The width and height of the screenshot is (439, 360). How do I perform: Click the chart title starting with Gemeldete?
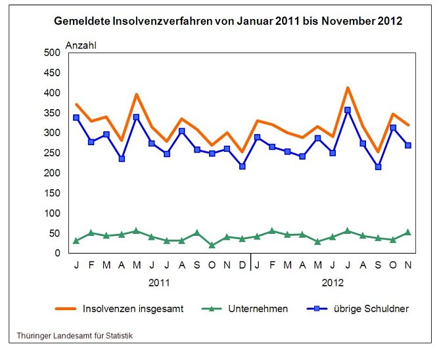click(x=227, y=21)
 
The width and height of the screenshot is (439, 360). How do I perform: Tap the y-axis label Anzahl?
click(x=81, y=45)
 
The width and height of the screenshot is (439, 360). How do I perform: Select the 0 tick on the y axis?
click(x=57, y=254)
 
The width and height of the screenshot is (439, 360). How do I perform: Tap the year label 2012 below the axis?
click(x=332, y=283)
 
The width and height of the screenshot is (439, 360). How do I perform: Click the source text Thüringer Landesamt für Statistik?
click(x=75, y=336)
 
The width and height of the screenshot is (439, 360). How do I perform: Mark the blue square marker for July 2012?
click(x=348, y=110)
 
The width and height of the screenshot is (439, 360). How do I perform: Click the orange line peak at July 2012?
click(x=348, y=87)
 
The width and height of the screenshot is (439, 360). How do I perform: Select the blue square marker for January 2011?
click(x=76, y=118)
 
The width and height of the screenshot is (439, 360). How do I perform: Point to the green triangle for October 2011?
click(x=212, y=245)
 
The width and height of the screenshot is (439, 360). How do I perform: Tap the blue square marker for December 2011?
click(x=243, y=166)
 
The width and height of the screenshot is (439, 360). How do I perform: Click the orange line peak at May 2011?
click(x=136, y=95)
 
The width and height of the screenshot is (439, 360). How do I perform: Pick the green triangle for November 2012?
click(x=408, y=232)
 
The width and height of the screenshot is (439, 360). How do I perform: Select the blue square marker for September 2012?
click(x=378, y=167)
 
